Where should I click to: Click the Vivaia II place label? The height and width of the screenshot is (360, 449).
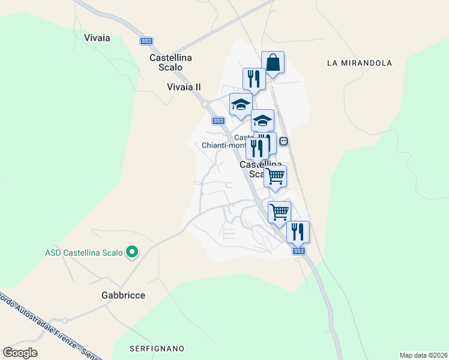coord(184,87)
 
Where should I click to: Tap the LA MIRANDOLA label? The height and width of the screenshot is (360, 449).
coord(360,62)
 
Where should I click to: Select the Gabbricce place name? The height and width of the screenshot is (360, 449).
coord(124,295)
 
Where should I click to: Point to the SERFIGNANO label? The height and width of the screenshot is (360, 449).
coord(157,348)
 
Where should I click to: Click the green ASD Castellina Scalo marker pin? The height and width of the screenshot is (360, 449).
coord(133,253)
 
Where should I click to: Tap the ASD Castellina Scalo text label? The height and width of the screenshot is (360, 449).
coord(84,253)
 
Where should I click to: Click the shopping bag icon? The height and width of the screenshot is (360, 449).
coord(273,62)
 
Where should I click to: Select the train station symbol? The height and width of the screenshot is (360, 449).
coord(284,142)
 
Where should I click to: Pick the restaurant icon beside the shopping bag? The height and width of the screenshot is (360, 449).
coord(254,79)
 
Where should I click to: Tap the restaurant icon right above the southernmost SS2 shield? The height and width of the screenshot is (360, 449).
coord(298,232)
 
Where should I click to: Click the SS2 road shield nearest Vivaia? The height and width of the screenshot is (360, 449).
coord(146,41)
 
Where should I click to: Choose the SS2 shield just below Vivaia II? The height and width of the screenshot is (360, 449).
coord(218,121)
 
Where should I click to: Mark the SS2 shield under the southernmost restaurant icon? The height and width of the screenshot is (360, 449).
coord(299,251)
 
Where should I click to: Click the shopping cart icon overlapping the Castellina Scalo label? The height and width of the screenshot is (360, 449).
coord(275,176)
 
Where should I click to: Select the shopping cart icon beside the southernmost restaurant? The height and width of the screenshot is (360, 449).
coord(279,212)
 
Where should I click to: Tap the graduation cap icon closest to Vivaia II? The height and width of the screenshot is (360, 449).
coord(241,104)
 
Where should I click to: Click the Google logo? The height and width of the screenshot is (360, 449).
coord(20,353)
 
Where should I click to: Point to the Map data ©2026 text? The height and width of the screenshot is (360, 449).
coord(424,355)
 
